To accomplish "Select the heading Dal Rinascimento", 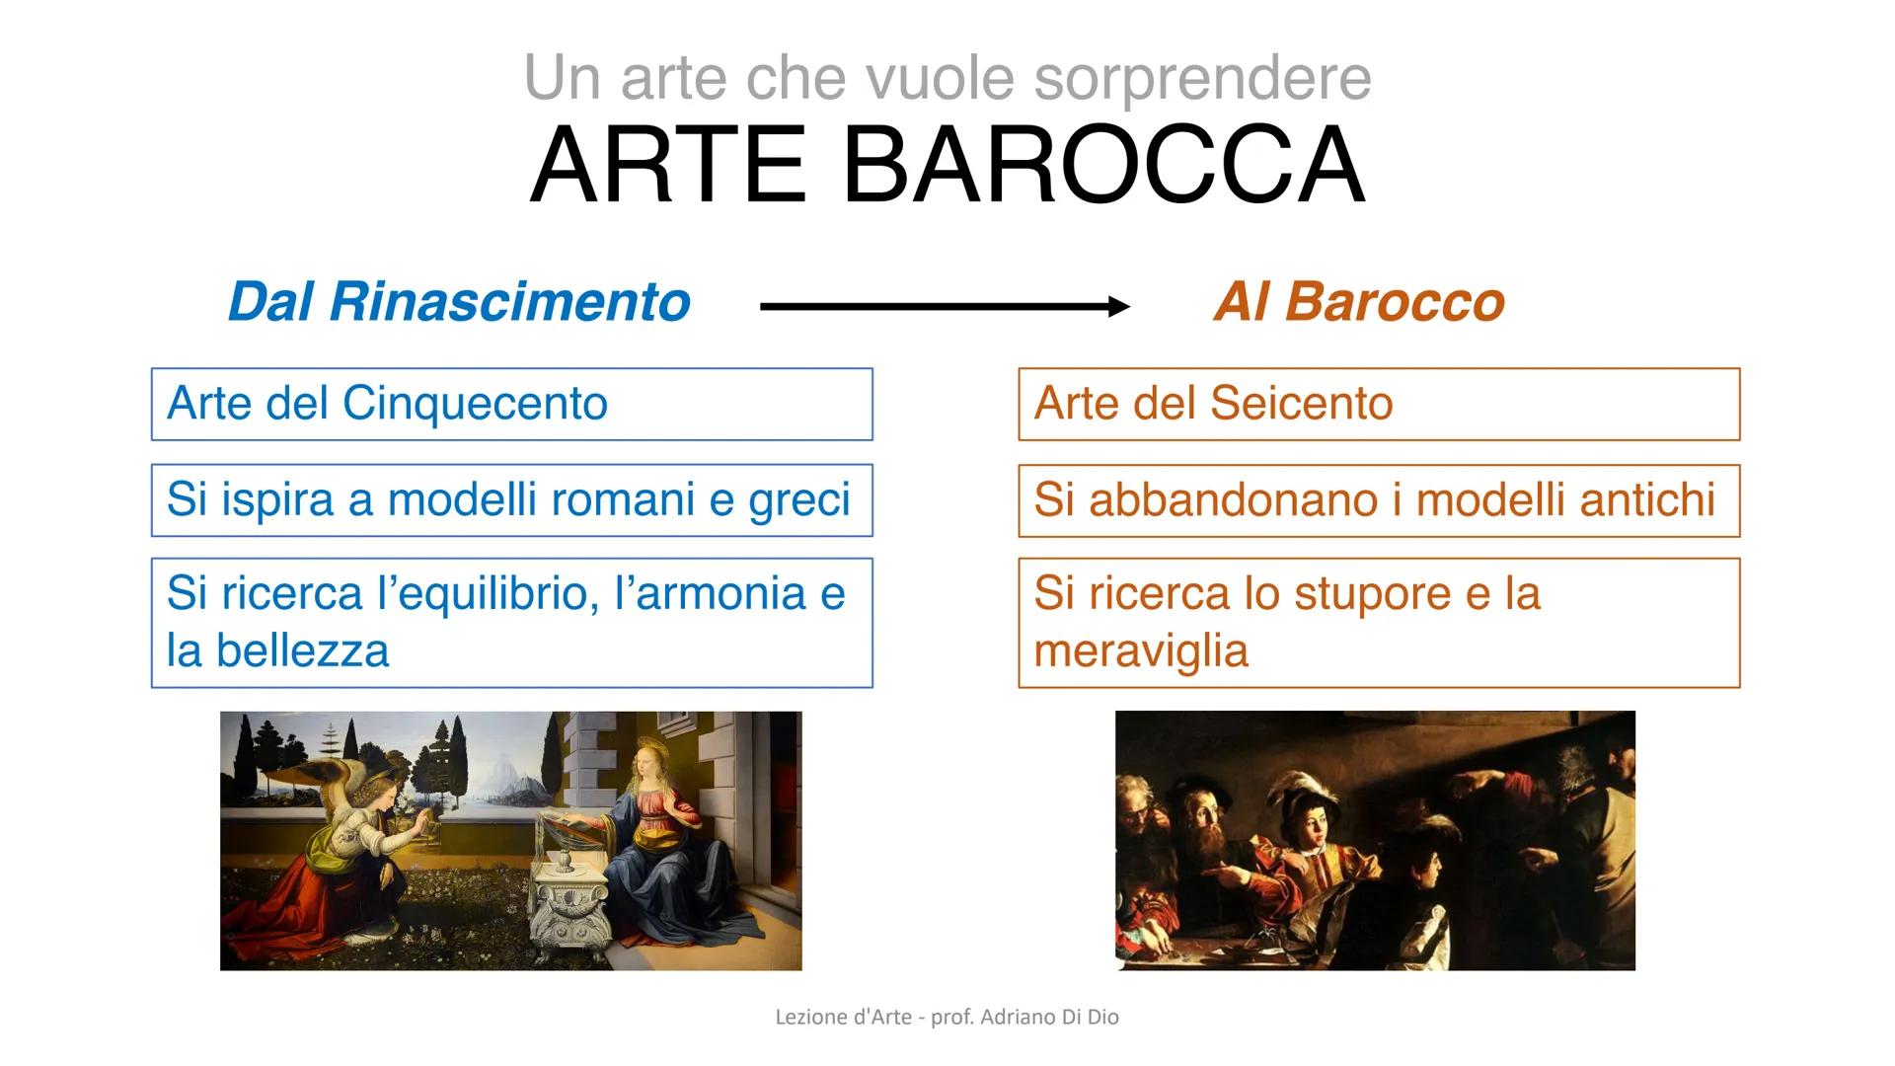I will tap(459, 301).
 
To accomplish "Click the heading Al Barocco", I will tap(1359, 301).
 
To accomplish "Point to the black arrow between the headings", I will tap(945, 307).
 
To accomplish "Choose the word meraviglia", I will tap(1141, 650).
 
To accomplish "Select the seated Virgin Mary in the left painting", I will tap(651, 839).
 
